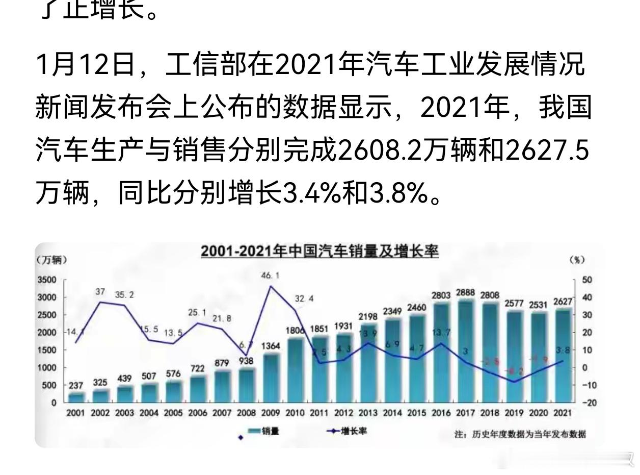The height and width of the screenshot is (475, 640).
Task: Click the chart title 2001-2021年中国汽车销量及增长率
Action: tap(319, 252)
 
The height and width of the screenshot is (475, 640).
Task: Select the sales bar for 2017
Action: tap(465, 352)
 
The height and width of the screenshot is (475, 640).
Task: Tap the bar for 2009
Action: tap(271, 378)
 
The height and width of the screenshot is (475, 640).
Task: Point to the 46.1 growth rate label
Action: tap(270, 276)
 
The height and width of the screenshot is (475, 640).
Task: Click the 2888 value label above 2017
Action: tap(465, 293)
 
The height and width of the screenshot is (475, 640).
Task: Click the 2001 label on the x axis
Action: tap(75, 413)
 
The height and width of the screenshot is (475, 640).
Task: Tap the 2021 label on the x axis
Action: tap(563, 413)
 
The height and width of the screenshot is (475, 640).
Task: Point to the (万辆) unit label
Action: tap(51, 260)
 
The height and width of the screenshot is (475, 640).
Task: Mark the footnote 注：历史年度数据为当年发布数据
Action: tap(520, 435)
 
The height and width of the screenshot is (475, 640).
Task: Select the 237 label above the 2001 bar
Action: tap(75, 386)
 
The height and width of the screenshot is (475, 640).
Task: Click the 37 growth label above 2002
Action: tap(100, 292)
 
